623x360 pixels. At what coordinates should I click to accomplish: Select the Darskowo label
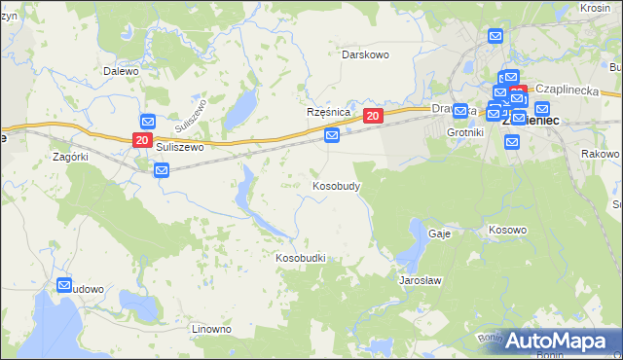[x=365, y=55]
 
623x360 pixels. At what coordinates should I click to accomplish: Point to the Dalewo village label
[x=122, y=71]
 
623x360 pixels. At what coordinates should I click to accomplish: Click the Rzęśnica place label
[x=328, y=113]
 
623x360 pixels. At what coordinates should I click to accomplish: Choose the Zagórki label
[x=71, y=157]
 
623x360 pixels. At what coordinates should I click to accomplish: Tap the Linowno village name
[x=211, y=330]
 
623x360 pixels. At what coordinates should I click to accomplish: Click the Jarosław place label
[x=421, y=280]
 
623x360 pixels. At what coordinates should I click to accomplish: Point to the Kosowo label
[x=506, y=231]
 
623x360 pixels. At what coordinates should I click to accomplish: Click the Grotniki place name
[x=464, y=131]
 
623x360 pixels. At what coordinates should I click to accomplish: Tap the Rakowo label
[x=600, y=155]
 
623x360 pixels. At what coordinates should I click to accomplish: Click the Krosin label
[x=594, y=8]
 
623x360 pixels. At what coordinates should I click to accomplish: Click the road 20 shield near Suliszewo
[x=141, y=141]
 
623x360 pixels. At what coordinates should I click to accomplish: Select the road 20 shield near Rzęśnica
[x=373, y=116]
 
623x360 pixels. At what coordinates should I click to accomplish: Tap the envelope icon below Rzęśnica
[x=332, y=135]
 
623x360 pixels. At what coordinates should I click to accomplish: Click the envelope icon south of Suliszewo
[x=162, y=170]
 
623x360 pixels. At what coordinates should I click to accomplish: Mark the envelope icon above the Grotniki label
[x=460, y=112]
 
